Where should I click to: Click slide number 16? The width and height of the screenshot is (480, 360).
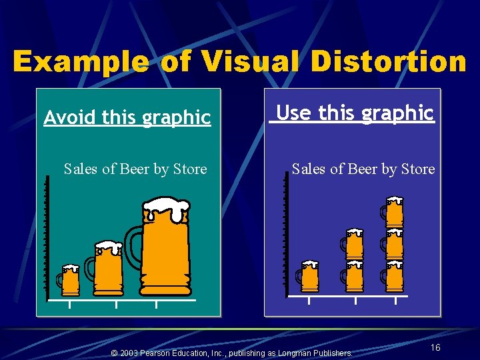coord(435,348)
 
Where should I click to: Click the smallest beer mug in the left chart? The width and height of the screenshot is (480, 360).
coord(69,280)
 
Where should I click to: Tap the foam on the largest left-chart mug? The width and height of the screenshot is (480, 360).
coord(166,209)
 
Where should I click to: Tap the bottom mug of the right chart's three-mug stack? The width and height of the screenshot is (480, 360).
coord(394,276)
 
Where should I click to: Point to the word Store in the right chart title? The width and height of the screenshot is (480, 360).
coord(419,169)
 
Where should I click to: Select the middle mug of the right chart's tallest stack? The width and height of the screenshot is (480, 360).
coord(394,244)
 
